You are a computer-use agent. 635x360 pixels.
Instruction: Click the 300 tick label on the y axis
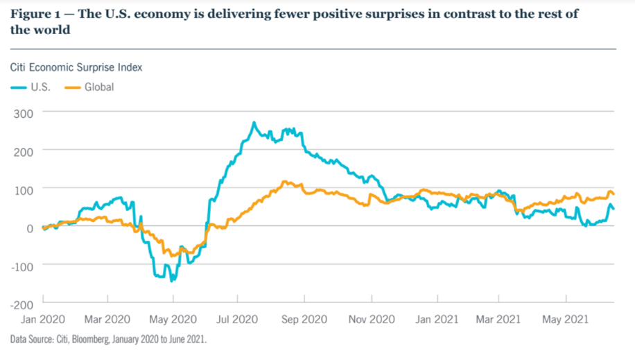[x=24, y=112]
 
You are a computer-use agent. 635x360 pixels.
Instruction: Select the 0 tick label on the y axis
[x=29, y=228]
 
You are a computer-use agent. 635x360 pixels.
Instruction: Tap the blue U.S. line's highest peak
[x=254, y=123]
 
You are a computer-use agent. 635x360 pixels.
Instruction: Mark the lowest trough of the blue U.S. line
[x=172, y=280]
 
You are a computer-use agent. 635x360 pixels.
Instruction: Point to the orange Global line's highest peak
[x=284, y=182]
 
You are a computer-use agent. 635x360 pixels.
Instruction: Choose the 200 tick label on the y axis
[x=24, y=150]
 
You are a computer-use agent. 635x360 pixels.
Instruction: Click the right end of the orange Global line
[x=614, y=194]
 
